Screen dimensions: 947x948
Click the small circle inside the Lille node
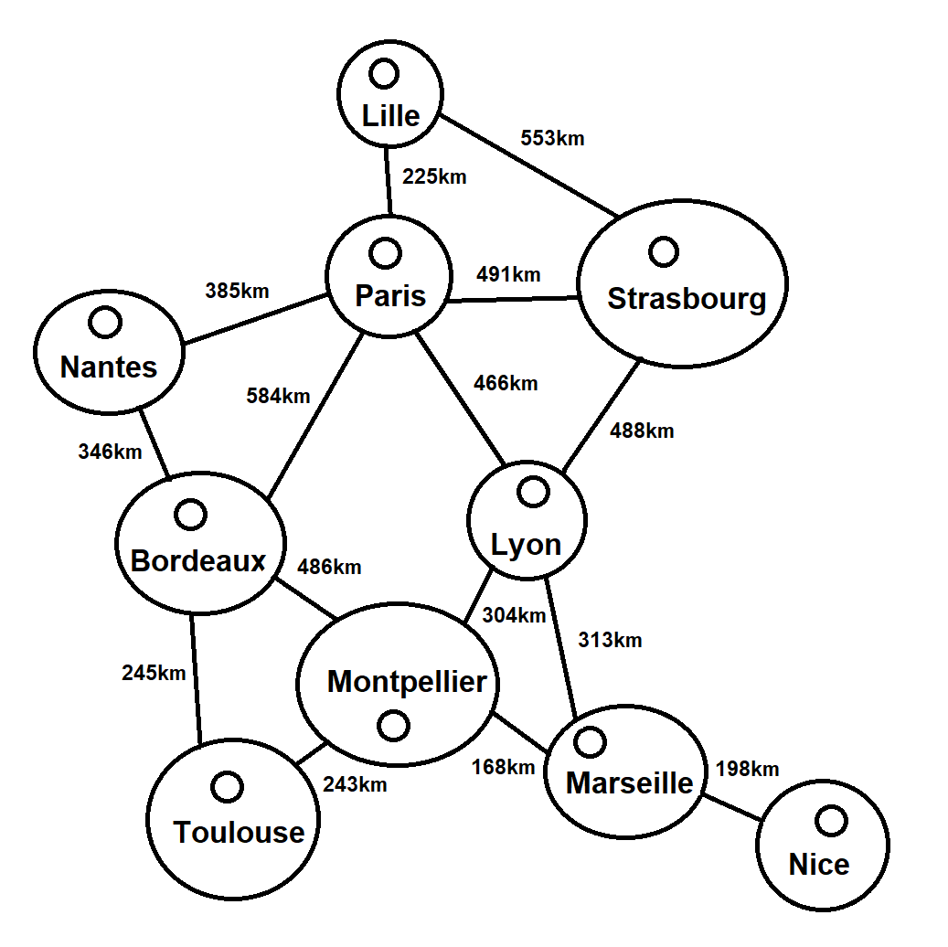383,72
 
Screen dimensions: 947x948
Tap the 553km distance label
552,139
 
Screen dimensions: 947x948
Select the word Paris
390,296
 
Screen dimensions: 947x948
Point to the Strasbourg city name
687,299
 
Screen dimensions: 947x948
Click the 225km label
434,176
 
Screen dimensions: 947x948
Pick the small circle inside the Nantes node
105,321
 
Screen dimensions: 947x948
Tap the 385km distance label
237,291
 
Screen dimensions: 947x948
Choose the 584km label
278,396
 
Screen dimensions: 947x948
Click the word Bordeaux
198,560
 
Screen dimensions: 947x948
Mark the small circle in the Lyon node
532,492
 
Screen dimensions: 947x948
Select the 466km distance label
506,383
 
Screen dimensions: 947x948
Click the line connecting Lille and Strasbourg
530,165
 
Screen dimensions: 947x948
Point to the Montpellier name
407,681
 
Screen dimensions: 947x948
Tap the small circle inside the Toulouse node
226,786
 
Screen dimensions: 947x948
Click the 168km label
503,767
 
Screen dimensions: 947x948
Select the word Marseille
629,782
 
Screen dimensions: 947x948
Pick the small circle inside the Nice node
831,821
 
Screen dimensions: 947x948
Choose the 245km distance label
154,674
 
